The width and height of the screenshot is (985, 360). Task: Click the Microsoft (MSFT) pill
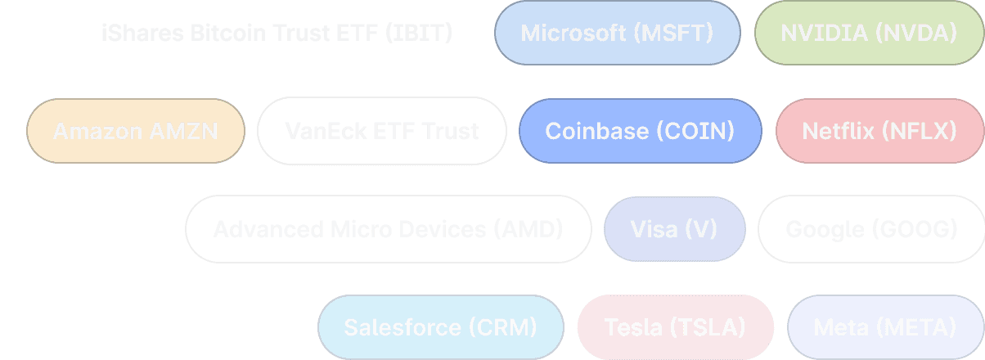617,33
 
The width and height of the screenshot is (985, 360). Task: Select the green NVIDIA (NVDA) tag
868,33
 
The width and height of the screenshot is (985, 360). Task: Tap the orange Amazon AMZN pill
135,131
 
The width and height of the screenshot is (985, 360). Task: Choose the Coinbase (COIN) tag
640,131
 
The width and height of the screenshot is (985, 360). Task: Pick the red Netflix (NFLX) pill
879,131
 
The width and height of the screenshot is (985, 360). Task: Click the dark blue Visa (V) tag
674,229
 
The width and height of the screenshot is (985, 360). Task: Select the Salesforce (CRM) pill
440,327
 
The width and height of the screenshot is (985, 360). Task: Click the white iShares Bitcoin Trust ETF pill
277,33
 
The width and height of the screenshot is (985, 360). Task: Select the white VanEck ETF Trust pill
381,131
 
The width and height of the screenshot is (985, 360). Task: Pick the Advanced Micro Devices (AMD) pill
388,229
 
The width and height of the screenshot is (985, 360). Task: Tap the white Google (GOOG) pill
871,229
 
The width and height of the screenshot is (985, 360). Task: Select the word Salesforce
403,327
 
